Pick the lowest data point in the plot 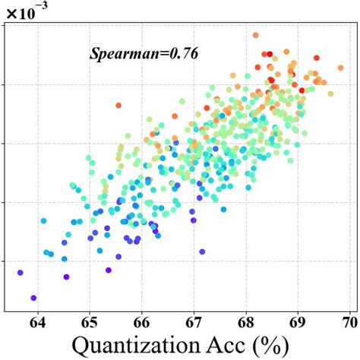(x=33, y=298)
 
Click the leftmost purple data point (x=21, y=272)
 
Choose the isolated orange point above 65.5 (x=118, y=105)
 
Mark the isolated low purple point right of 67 (x=202, y=251)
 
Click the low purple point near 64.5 (x=66, y=276)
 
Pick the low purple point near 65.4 (x=109, y=270)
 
